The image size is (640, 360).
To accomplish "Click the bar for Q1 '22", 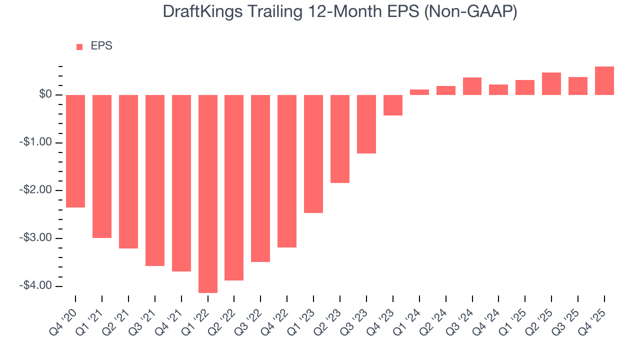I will (208, 193).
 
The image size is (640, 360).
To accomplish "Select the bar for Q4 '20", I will (75, 151).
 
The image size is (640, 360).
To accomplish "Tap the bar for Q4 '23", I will (393, 105).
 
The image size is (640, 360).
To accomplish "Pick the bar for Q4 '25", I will (604, 81).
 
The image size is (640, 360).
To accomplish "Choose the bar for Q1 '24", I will (419, 92).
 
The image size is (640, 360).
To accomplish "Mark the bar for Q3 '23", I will (366, 124).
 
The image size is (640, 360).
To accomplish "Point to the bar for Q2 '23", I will (340, 139).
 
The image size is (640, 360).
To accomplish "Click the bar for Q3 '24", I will (472, 86).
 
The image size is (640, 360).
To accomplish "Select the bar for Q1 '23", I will (313, 154).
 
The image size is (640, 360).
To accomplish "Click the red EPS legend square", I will (79, 47).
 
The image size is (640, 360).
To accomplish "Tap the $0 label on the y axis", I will (46, 94).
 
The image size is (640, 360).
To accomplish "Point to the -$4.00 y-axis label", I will (36, 285).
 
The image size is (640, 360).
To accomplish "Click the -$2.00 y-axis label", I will (36, 190).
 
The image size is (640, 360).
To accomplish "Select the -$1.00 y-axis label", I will (36, 142).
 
